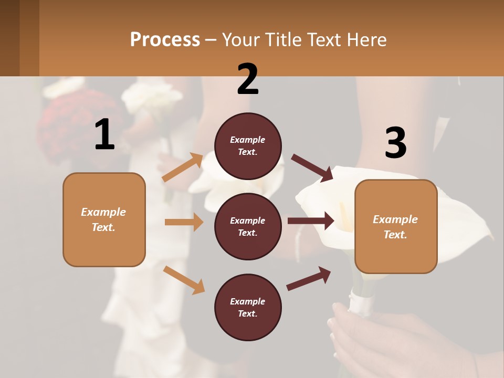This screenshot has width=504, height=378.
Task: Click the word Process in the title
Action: click(165, 39)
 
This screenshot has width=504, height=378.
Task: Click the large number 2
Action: click(248, 79)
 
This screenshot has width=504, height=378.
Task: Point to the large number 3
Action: click(395, 143)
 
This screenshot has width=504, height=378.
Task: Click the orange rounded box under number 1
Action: click(104, 219)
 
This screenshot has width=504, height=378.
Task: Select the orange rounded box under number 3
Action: click(396, 227)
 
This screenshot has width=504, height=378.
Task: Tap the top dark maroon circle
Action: click(248, 146)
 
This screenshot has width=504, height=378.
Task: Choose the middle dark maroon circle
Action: click(248, 226)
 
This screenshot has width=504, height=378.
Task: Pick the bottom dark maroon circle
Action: click(248, 307)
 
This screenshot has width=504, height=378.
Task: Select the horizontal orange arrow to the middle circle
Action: click(184, 222)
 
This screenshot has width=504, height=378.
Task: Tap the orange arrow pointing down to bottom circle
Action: click(184, 280)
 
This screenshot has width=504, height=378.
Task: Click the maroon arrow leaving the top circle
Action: click(312, 167)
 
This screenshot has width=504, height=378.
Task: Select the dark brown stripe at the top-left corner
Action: click(9, 38)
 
